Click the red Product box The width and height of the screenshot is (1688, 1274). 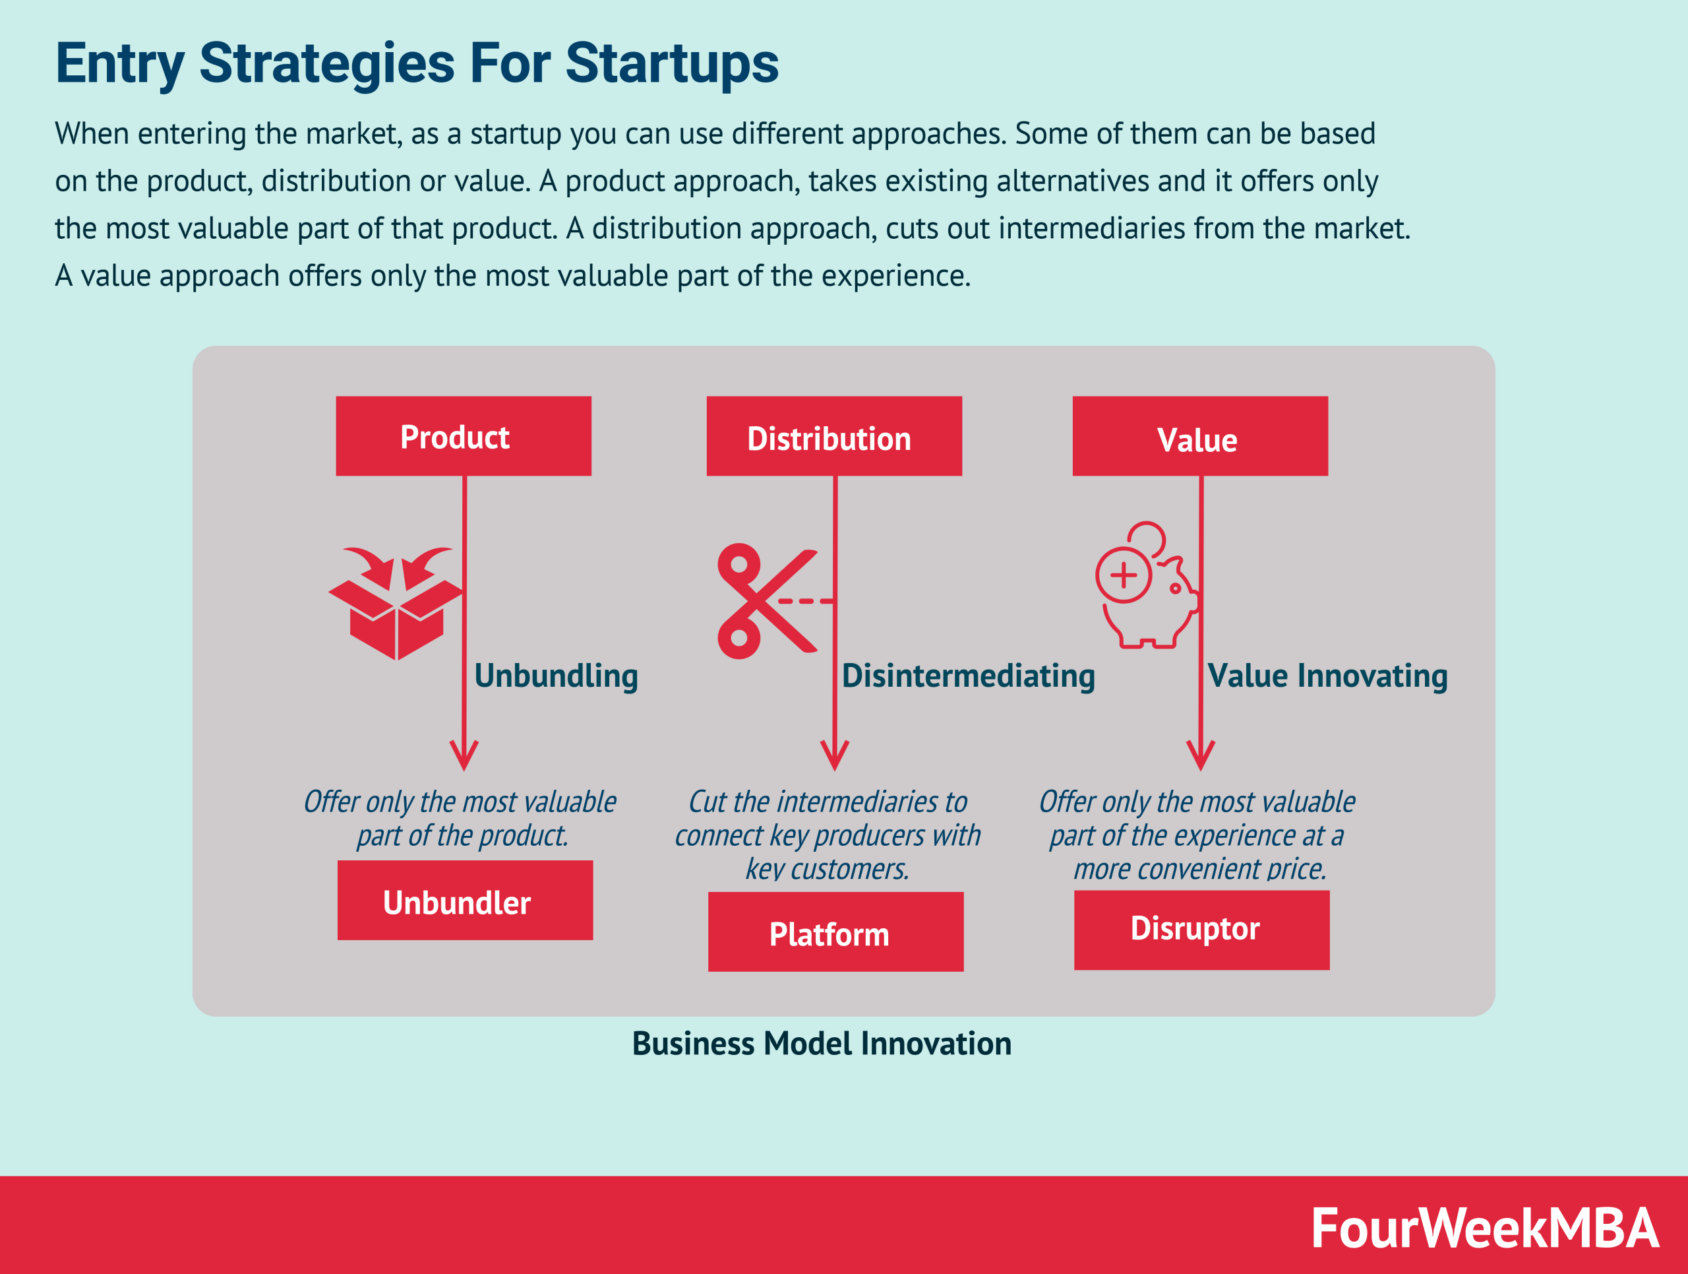point(463,436)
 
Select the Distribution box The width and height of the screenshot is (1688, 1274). point(834,436)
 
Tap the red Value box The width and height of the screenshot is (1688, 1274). point(1200,436)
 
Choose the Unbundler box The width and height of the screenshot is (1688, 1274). point(465,900)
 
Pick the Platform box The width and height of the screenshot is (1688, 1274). point(835,932)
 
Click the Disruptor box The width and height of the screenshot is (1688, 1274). point(1202,930)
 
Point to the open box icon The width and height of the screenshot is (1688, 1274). point(395,603)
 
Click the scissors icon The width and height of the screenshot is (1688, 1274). point(767,601)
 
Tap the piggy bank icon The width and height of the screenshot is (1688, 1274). point(1147,585)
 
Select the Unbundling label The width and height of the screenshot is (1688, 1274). point(556,676)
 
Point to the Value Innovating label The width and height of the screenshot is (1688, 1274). point(1327,676)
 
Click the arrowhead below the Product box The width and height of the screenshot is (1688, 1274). point(464,757)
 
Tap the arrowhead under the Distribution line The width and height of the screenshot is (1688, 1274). point(835,757)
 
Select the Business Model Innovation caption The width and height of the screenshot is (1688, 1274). point(822,1044)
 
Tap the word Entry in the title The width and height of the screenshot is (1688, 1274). point(120,65)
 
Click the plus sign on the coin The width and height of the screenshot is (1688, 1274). point(1124,575)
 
